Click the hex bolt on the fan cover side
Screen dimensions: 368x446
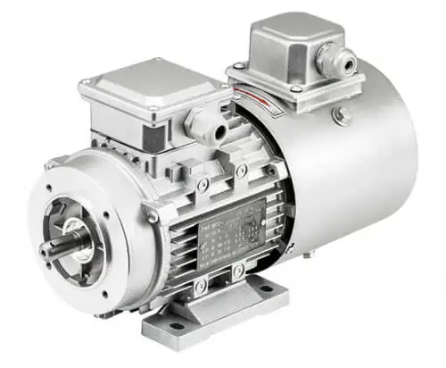340,113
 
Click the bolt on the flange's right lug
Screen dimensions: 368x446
153,215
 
